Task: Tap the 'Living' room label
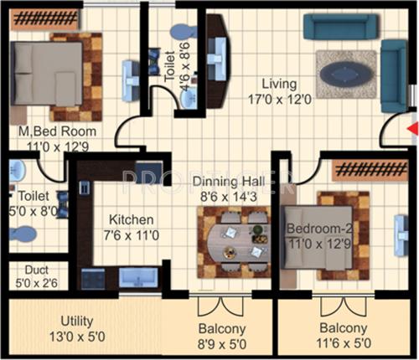coord(278,84)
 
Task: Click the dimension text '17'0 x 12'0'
coord(281,98)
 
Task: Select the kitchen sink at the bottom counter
coord(135,277)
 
